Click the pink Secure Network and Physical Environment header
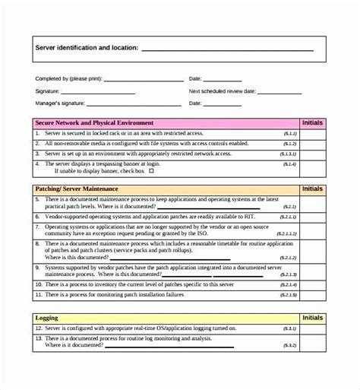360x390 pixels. tap(95, 122)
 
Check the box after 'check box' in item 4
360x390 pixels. tap(151, 171)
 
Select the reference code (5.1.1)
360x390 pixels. tap(288, 132)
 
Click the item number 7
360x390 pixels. tap(39, 226)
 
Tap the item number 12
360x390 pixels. tap(39, 328)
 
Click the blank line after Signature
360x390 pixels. tap(106, 90)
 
